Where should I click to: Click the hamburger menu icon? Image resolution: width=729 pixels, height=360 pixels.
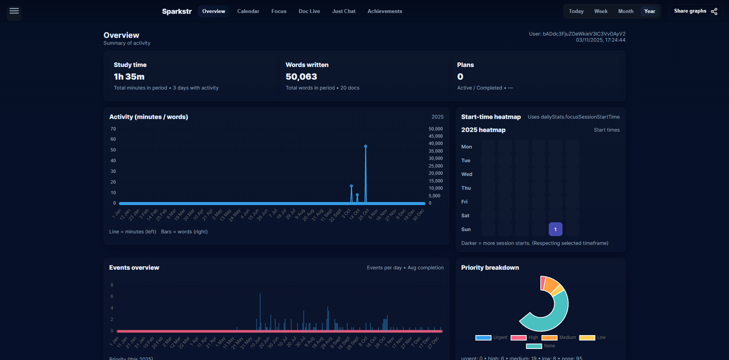tap(14, 11)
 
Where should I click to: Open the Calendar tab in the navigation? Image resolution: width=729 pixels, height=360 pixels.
tap(248, 11)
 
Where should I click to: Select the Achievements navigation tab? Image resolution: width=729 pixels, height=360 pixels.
tap(385, 11)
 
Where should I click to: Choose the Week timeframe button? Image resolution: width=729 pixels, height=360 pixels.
tap(600, 11)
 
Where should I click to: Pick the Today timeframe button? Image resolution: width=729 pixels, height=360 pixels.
tap(576, 11)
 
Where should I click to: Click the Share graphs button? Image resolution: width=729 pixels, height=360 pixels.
tap(695, 11)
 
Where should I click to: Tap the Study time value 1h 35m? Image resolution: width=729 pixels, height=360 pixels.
tap(129, 77)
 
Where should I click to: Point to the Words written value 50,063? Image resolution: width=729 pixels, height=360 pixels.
tap(301, 77)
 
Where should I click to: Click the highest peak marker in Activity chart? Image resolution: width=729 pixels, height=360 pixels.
tap(365, 147)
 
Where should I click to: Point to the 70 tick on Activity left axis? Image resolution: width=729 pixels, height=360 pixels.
tap(113, 129)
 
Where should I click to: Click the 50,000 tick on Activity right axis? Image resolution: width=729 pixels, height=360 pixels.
tap(435, 129)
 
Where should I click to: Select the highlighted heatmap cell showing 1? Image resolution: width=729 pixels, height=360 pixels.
tap(555, 229)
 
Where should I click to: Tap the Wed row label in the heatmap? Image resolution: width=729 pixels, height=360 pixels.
tap(466, 174)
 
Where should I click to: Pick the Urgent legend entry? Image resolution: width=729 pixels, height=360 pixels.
tap(491, 337)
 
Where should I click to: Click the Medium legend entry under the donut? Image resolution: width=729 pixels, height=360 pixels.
tap(559, 337)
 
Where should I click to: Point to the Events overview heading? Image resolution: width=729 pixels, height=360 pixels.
tap(134, 267)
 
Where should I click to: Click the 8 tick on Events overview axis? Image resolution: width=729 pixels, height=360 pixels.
tap(112, 285)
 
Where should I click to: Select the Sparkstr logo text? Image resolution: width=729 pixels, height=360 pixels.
tap(176, 11)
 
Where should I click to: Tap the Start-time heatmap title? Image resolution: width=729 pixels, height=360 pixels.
tap(491, 117)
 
